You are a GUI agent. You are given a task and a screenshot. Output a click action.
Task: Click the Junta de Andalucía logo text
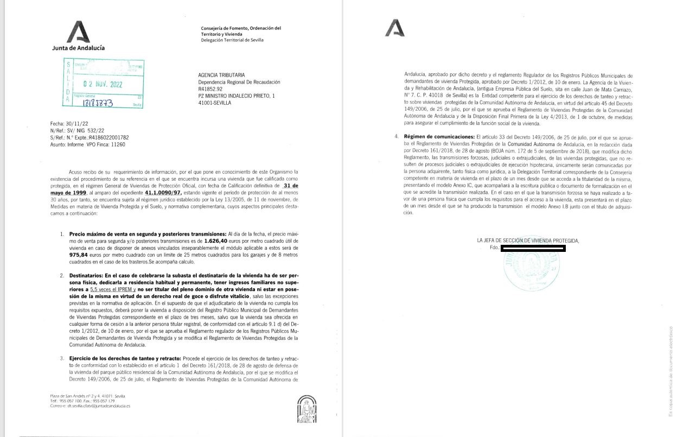coord(78,47)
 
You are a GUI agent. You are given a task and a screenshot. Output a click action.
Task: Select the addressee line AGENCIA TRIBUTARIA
coord(222,74)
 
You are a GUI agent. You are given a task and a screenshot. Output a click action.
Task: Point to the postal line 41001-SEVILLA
coord(215,103)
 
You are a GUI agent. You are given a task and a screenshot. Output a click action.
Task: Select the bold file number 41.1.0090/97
coord(165,193)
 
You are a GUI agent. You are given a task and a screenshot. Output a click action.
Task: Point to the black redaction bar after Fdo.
coord(533,248)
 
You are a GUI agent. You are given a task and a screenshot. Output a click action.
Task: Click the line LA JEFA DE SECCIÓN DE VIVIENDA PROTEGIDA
coord(528,240)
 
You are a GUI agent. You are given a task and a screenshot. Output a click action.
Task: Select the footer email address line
coord(90,406)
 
